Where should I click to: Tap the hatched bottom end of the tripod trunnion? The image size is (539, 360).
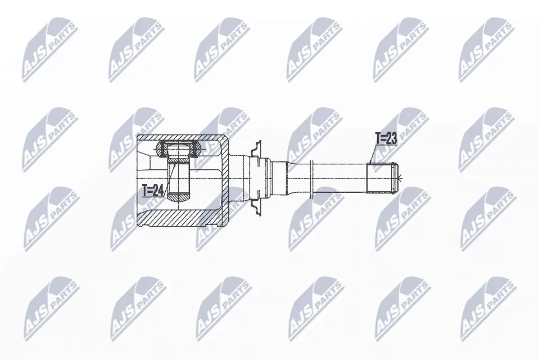178,197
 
